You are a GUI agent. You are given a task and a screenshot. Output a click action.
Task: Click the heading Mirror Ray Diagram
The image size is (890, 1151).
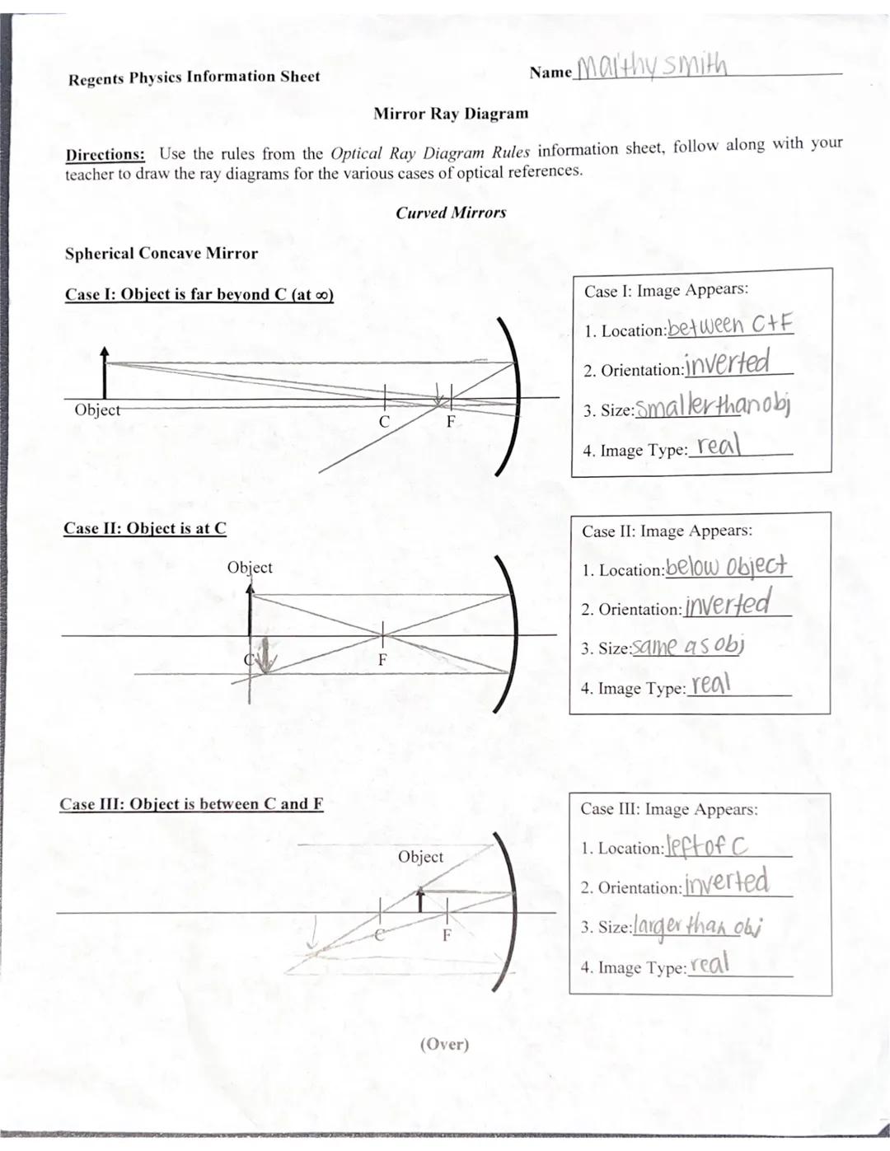click(x=451, y=114)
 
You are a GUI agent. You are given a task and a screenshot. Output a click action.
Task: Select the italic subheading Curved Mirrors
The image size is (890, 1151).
click(x=451, y=213)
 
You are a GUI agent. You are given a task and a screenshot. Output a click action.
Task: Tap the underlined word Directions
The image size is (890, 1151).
click(x=105, y=155)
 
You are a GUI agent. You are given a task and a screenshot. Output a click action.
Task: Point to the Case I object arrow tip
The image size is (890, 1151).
click(x=104, y=350)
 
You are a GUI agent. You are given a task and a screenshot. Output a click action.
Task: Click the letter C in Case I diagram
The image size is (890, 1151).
click(x=384, y=422)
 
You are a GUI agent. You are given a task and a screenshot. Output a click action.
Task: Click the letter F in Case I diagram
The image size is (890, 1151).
click(x=451, y=422)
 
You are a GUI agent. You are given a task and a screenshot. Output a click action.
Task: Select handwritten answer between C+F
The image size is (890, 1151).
click(x=729, y=325)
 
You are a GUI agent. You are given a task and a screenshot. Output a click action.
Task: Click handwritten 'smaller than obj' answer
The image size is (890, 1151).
click(x=713, y=405)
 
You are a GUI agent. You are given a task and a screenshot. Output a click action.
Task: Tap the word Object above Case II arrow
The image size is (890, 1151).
click(x=250, y=568)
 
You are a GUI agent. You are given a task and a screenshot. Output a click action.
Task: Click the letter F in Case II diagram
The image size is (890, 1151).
click(x=382, y=660)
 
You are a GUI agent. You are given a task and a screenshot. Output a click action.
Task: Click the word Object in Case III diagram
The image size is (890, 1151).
click(x=420, y=857)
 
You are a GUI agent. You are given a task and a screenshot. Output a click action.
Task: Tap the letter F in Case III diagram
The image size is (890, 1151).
click(x=447, y=935)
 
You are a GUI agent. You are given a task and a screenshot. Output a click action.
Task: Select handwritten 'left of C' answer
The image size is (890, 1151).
click(x=707, y=845)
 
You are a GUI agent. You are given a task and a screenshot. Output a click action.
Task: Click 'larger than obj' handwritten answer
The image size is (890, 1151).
click(x=697, y=925)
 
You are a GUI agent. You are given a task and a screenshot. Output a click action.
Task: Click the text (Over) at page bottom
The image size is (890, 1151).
click(x=444, y=1044)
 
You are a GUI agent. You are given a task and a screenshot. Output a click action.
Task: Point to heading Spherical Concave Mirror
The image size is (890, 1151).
click(x=162, y=254)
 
